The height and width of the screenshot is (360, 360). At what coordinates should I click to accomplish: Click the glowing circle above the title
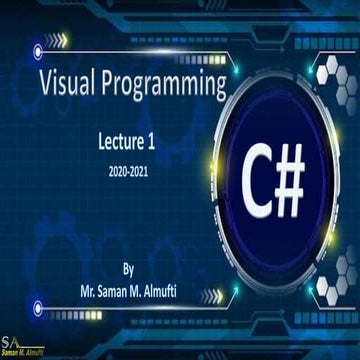[x=39, y=46]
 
